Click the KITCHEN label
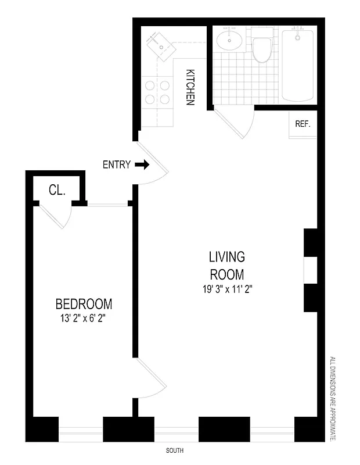click(x=190, y=87)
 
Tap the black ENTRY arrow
click(x=142, y=165)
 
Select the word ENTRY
click(x=116, y=165)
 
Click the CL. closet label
click(x=56, y=189)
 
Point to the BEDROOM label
click(x=84, y=304)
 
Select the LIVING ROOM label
click(x=227, y=265)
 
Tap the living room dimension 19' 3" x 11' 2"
click(x=227, y=288)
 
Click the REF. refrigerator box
click(x=303, y=124)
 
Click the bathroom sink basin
click(x=230, y=41)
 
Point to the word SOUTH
click(x=174, y=450)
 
